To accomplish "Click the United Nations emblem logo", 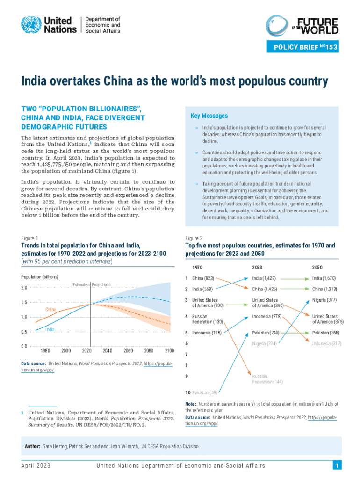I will [x=31, y=25].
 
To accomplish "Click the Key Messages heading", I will [x=209, y=116].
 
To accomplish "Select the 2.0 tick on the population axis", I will [x=24, y=288].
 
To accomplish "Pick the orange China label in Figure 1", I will [x=51, y=310].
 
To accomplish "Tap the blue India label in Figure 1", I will [x=50, y=330].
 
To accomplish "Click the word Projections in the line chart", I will [x=101, y=284].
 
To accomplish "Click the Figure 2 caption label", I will [x=194, y=238].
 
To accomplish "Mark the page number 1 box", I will [x=336, y=465].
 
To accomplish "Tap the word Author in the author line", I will [x=32, y=447].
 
